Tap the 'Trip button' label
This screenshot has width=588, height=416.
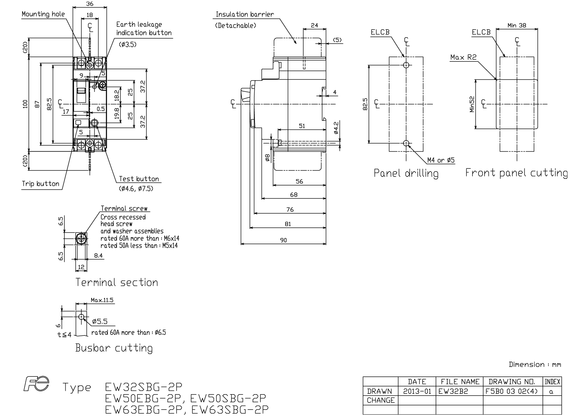click(x=41, y=184)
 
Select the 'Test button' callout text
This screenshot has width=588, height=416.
click(x=139, y=179)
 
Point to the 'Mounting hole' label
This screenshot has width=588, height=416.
click(x=43, y=14)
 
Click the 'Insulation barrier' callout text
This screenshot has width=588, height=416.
click(x=245, y=14)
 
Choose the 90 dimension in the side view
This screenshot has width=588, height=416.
click(x=283, y=240)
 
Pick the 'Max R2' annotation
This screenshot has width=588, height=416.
click(x=463, y=57)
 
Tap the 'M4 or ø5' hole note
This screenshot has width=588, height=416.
click(x=441, y=160)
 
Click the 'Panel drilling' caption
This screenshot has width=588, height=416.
click(x=406, y=173)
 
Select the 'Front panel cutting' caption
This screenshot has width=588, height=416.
click(x=517, y=173)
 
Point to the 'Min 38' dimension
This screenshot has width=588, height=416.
click(x=517, y=25)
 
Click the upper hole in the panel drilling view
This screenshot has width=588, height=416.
click(x=406, y=65)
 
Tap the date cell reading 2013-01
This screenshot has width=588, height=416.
click(x=417, y=391)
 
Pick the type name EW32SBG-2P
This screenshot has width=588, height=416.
click(x=143, y=387)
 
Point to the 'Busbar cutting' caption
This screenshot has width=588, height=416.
click(x=114, y=348)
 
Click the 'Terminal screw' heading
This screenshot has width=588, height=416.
click(x=124, y=209)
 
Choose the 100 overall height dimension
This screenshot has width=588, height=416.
click(x=25, y=104)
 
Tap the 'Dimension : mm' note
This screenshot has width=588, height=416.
click(x=535, y=364)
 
